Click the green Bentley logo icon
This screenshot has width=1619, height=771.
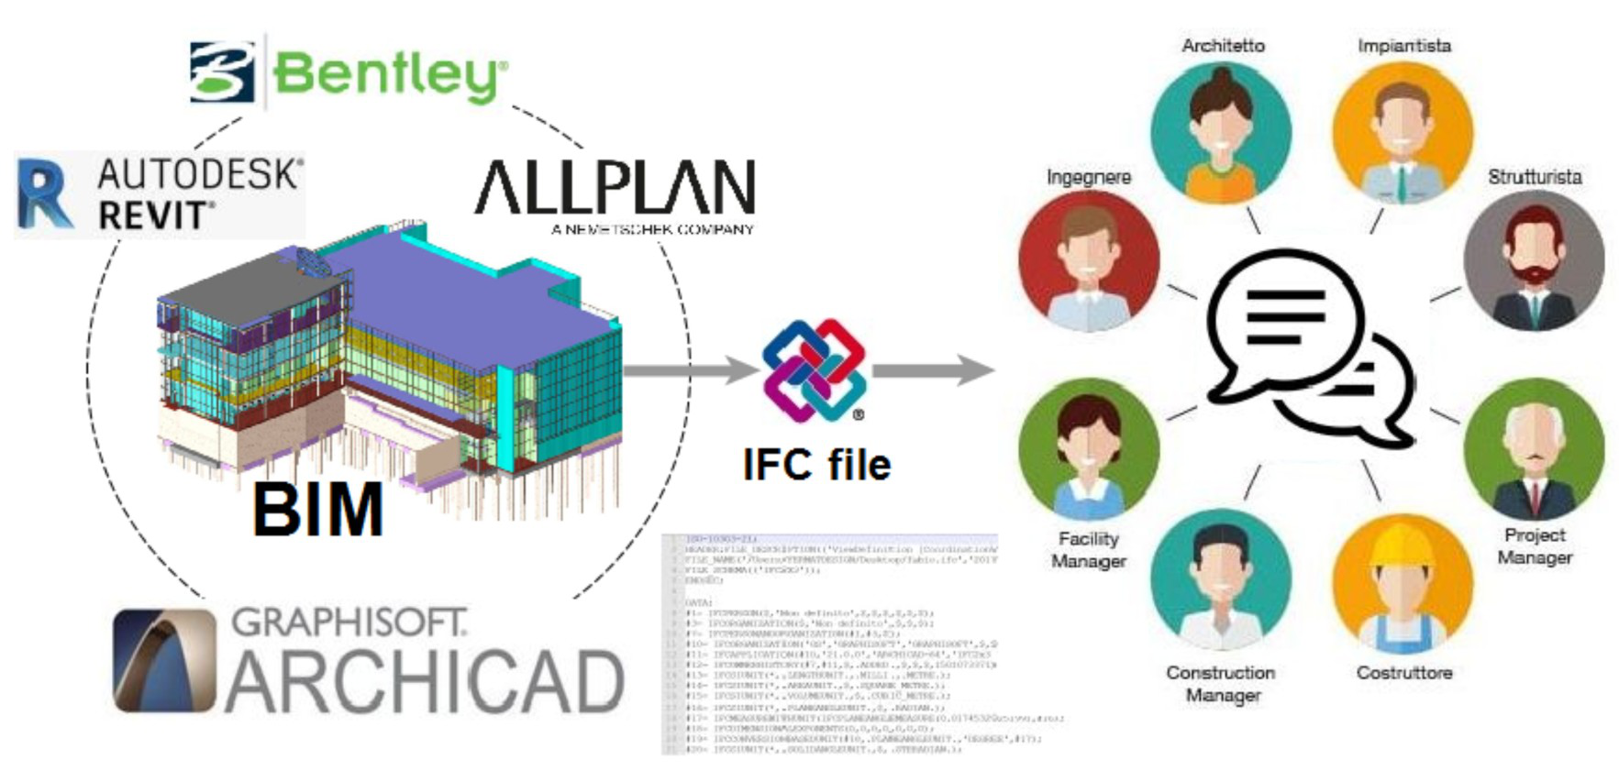[x=222, y=71]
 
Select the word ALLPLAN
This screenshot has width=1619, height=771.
[x=615, y=187]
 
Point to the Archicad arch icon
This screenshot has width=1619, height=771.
[x=164, y=660]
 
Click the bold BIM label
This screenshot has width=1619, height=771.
[x=317, y=510]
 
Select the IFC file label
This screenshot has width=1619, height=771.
[x=816, y=464]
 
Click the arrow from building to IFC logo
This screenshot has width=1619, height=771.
[x=688, y=370]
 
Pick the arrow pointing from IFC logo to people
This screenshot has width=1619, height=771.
[x=931, y=370]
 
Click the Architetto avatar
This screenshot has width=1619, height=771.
[x=1221, y=131]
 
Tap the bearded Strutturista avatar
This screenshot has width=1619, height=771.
[x=1533, y=261]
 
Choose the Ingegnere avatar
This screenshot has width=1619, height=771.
[x=1089, y=261]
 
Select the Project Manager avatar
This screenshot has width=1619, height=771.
[x=1534, y=449]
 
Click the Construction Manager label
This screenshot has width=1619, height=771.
[x=1221, y=684]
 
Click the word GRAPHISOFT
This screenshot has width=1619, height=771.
[x=349, y=622]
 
